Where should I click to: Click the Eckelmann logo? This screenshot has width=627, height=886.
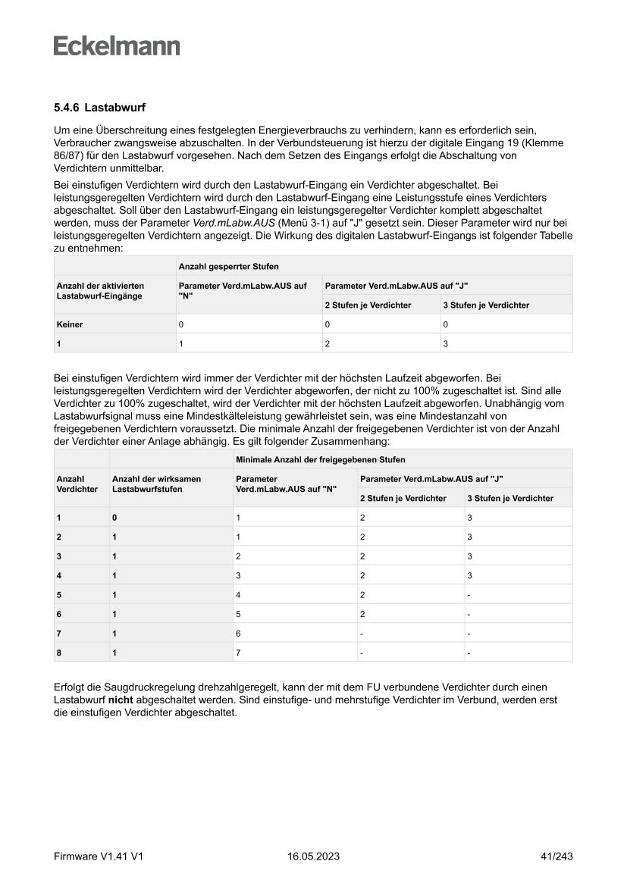click(x=117, y=46)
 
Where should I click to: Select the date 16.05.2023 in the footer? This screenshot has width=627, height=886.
click(x=313, y=856)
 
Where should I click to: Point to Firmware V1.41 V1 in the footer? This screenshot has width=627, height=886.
click(x=99, y=856)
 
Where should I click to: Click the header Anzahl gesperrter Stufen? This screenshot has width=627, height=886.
click(x=218, y=266)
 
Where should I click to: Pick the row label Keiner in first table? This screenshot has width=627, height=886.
click(x=70, y=324)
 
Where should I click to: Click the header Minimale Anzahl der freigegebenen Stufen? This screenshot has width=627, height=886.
click(x=320, y=459)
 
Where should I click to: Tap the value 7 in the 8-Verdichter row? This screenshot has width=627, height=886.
click(x=239, y=652)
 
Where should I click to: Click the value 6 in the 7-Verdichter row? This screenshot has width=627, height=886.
click(x=239, y=632)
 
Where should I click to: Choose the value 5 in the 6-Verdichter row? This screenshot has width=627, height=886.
click(x=239, y=613)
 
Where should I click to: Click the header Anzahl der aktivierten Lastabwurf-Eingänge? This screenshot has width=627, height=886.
click(x=100, y=291)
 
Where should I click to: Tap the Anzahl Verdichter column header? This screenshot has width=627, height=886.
click(x=77, y=484)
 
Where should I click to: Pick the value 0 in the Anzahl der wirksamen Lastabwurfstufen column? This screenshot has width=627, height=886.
click(x=115, y=518)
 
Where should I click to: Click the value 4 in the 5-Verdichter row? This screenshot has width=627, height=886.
click(x=239, y=594)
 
